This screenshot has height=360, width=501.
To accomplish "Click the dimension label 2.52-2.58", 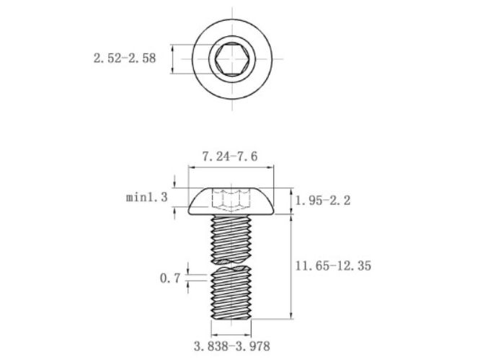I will (x=124, y=58).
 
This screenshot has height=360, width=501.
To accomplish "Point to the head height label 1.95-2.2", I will (x=323, y=201).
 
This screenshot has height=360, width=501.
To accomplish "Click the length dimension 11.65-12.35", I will (x=333, y=265).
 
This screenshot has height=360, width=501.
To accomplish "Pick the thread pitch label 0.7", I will (x=169, y=278).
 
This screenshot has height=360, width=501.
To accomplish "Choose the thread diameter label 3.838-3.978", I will (x=231, y=346).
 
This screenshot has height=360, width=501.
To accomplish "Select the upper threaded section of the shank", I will (x=231, y=237).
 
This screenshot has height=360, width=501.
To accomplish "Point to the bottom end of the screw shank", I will (x=231, y=317).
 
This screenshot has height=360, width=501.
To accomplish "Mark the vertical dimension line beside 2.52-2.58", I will (x=173, y=58).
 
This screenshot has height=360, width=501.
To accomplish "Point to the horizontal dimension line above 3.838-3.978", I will (x=231, y=335).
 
